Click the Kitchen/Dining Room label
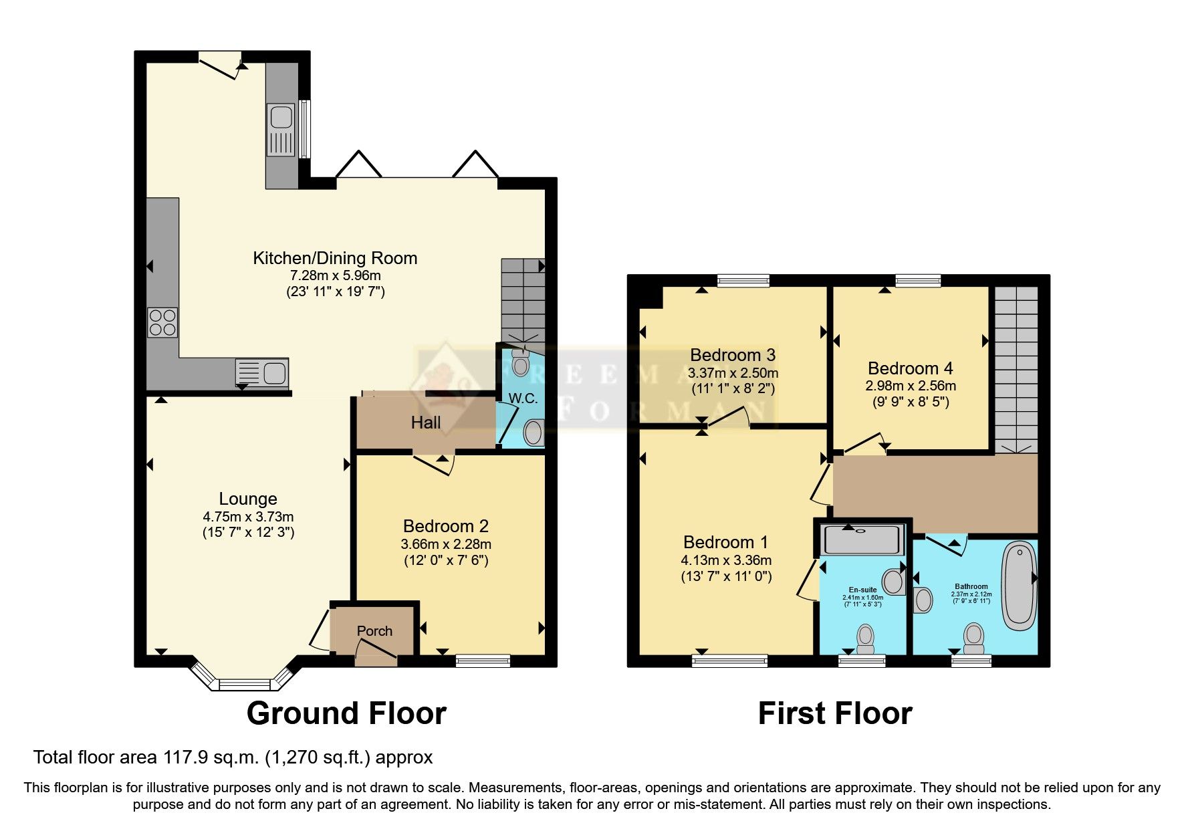tap(335, 258)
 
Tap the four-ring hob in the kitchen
tap(162, 322)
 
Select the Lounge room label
tap(248, 499)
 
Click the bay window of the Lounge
tap(243, 683)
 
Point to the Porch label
tap(374, 630)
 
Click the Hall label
tap(426, 423)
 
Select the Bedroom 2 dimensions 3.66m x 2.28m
tap(446, 544)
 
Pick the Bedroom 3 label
tap(733, 355)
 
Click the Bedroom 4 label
tap(910, 368)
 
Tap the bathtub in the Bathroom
tap(1019, 586)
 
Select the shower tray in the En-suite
tap(862, 540)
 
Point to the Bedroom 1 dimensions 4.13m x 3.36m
tap(726, 560)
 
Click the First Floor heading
tap(835, 713)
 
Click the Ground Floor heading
tap(346, 713)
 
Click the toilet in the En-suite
tap(866, 638)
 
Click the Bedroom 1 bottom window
tap(729, 661)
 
